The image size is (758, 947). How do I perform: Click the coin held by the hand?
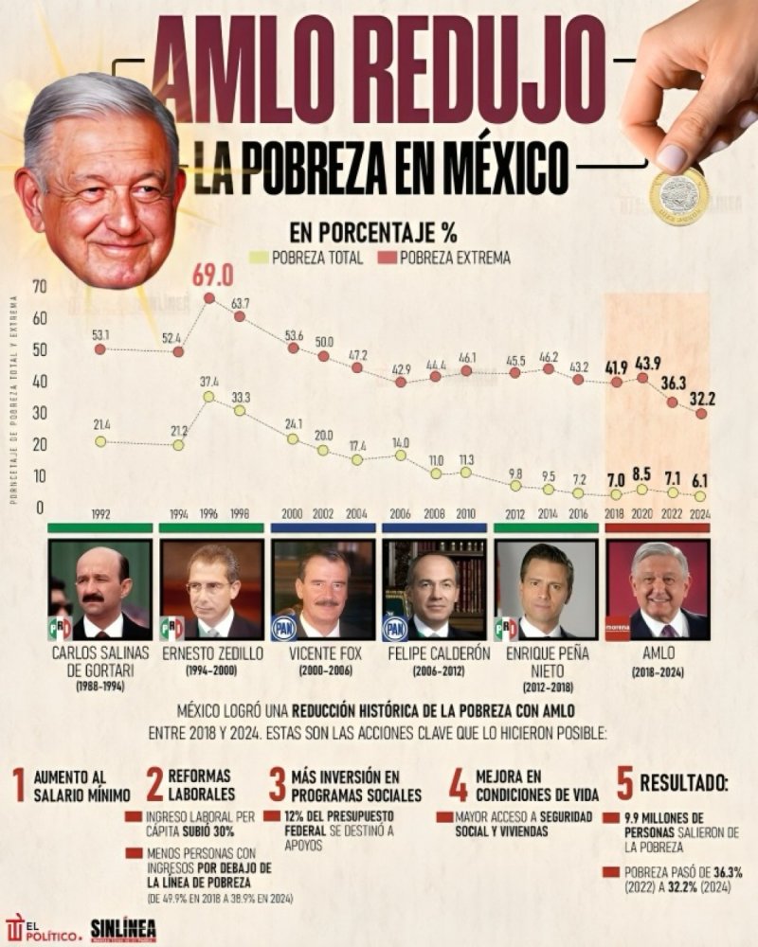click(679, 196)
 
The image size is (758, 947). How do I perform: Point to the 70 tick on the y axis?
click(39, 287)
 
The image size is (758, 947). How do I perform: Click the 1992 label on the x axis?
click(100, 514)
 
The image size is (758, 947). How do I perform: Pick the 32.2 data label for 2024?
click(700, 388)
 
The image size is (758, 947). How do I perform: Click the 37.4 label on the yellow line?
click(209, 381)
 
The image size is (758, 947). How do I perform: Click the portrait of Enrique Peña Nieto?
click(546, 589)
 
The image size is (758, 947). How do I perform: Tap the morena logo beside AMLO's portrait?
click(618, 626)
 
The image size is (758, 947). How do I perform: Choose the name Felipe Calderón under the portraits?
click(434, 652)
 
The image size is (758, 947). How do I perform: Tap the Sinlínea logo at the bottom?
click(123, 929)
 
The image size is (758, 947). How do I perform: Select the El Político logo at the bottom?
click(42, 928)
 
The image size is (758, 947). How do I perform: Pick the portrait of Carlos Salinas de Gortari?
click(99, 589)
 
